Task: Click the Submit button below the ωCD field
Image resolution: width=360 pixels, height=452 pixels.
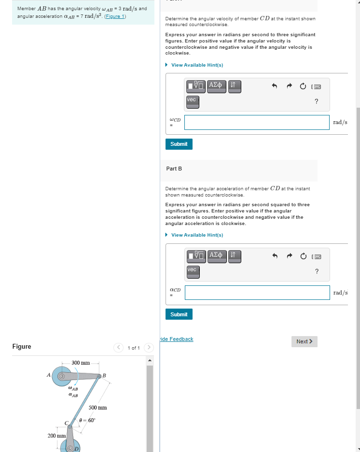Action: pos(179,144)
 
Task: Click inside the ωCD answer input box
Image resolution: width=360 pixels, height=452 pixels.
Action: pos(256,122)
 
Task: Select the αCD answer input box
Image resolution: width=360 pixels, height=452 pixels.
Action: pos(257,292)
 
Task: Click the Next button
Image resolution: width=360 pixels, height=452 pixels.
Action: pos(304,341)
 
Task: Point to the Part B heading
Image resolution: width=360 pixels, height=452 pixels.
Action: pos(174,169)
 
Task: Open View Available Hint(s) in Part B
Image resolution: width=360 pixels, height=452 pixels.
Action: pos(197,235)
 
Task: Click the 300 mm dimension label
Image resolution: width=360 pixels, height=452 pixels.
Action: pos(81,363)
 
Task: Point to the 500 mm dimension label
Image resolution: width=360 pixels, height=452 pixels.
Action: pos(97,408)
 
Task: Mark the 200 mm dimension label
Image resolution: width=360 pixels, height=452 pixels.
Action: pos(56,436)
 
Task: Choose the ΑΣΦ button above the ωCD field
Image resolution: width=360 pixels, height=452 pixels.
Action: pos(216,85)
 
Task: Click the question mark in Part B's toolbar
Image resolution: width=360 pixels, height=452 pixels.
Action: pos(316,271)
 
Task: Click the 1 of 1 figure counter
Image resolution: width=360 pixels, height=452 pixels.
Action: pos(134,348)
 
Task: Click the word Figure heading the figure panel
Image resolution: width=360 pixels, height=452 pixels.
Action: pos(22,346)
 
